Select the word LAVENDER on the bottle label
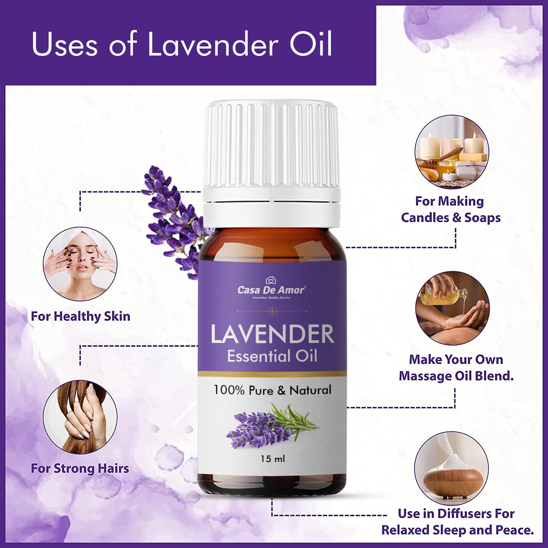[273, 334]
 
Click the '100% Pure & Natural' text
[273, 390]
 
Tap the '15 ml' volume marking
[273, 458]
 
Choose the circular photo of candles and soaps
[452, 152]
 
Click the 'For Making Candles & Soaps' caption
[451, 209]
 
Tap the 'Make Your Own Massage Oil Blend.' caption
[456, 368]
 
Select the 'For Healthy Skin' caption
[80, 316]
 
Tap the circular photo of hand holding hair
[80, 417]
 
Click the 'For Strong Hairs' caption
[80, 468]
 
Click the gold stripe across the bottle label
[272, 374]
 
